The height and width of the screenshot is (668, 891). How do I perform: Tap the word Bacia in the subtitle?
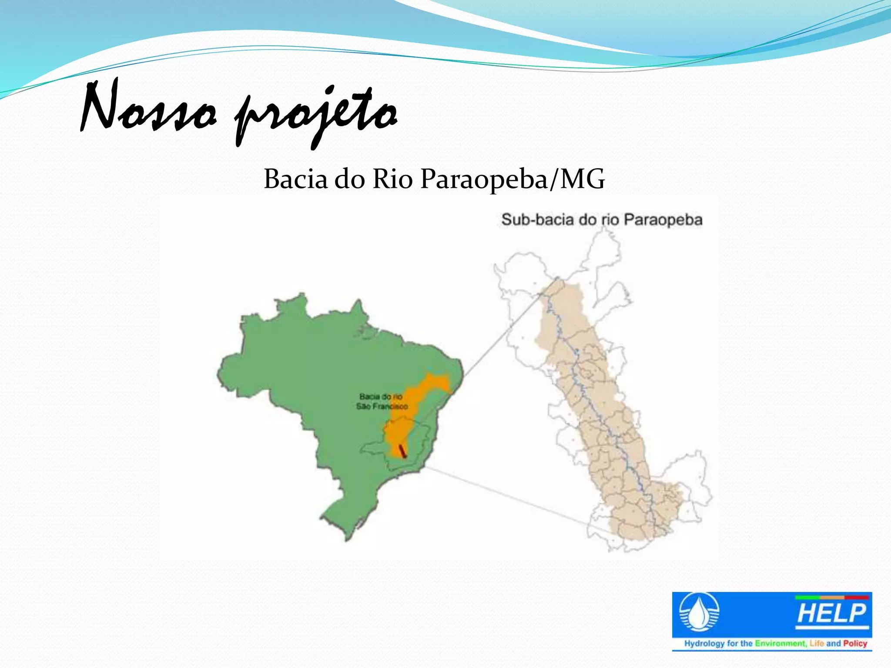pyautogui.click(x=295, y=179)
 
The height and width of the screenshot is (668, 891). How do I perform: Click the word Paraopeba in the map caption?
pyautogui.click(x=663, y=219)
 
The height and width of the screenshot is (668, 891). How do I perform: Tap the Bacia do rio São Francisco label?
pyautogui.click(x=382, y=401)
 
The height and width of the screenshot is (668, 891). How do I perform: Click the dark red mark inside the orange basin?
pyautogui.click(x=402, y=451)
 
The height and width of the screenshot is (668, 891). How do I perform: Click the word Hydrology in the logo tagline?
pyautogui.click(x=704, y=643)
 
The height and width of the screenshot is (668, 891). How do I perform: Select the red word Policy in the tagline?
pyautogui.click(x=855, y=643)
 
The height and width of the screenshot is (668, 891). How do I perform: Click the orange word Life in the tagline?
pyautogui.click(x=817, y=643)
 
